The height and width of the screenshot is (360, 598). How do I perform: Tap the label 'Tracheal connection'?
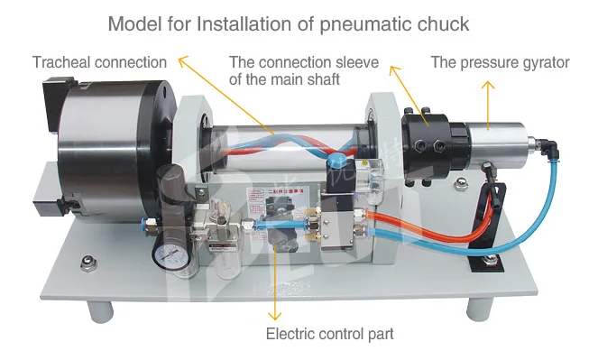tap(99, 62)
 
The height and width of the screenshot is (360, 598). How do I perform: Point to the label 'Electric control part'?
tap(329, 334)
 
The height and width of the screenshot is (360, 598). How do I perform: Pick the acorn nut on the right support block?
tap(459, 187)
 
